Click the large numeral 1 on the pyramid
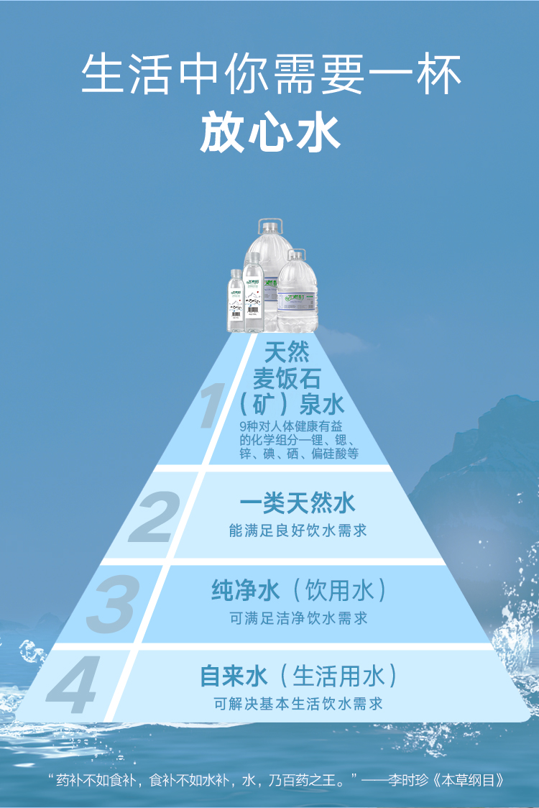click(210, 408)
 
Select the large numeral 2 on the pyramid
click(152, 516)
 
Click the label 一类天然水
click(298, 503)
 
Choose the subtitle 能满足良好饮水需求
click(298, 531)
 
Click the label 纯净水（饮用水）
click(299, 591)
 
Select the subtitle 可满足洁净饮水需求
click(298, 618)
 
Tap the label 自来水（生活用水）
click(298, 676)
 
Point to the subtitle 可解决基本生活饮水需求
click(298, 704)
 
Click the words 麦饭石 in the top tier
click(286, 378)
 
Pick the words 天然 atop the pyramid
click(287, 352)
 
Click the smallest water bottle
click(236, 302)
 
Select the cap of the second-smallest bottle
click(252, 257)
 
